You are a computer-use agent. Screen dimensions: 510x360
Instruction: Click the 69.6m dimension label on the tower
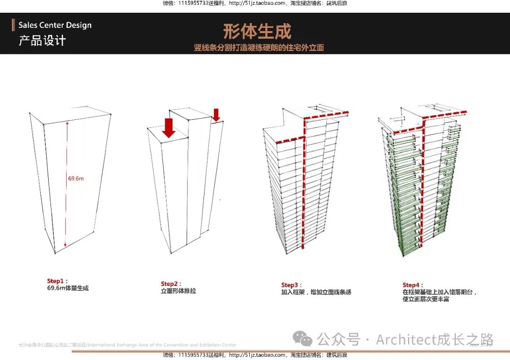pyautogui.click(x=76, y=178)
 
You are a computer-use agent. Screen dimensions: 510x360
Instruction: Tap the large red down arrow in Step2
pyautogui.click(x=169, y=128)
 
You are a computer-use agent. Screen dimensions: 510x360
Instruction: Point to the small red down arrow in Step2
pyautogui.click(x=216, y=115)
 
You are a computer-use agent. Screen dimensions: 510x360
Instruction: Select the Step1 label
pyautogui.click(x=57, y=281)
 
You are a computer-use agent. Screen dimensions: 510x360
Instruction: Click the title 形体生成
pyautogui.click(x=257, y=31)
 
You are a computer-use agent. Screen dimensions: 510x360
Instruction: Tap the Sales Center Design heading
pyautogui.click(x=55, y=25)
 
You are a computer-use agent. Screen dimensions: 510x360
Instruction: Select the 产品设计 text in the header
pyautogui.click(x=42, y=41)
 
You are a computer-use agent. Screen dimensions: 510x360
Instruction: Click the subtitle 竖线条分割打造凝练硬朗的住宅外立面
pyautogui.click(x=259, y=48)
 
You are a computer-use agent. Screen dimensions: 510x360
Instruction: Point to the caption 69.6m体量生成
pyautogui.click(x=68, y=288)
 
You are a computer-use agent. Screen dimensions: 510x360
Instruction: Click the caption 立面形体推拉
pyautogui.click(x=178, y=291)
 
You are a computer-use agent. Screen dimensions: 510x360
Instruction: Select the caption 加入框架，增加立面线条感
pyautogui.click(x=316, y=293)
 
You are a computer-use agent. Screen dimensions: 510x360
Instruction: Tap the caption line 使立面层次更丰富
pyautogui.click(x=425, y=300)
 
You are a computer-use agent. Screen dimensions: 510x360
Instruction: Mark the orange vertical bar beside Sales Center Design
pyautogui.click(x=13, y=25)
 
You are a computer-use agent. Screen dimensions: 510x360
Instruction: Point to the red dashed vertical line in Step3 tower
pyautogui.click(x=304, y=189)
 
